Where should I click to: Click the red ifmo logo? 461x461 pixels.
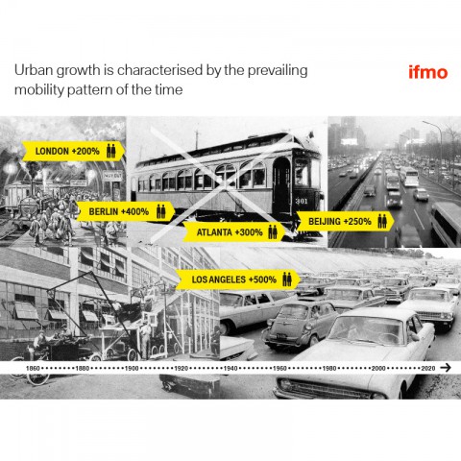point(427,72)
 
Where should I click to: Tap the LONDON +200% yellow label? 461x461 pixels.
point(73,151)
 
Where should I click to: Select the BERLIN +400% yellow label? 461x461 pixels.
point(126,211)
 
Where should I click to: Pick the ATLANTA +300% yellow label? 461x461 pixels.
point(234,231)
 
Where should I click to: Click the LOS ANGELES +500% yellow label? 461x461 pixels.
point(238,279)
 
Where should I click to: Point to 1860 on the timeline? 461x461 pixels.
point(33,369)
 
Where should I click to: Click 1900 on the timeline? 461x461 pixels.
point(132,369)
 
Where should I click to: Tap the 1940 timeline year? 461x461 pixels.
point(230,369)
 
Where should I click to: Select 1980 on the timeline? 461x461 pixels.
point(329,369)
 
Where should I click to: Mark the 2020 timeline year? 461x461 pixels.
point(428,369)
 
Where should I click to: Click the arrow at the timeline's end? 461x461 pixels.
point(446,368)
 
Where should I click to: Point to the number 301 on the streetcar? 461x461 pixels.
point(302,201)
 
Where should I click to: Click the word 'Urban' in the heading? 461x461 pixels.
point(34,70)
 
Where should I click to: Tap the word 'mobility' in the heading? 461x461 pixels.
point(39,90)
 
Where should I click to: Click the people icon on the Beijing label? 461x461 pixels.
point(382,221)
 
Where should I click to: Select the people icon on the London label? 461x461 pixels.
point(111,151)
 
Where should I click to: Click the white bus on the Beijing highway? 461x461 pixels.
point(411,177)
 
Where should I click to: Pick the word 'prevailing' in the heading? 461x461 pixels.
point(278,71)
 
